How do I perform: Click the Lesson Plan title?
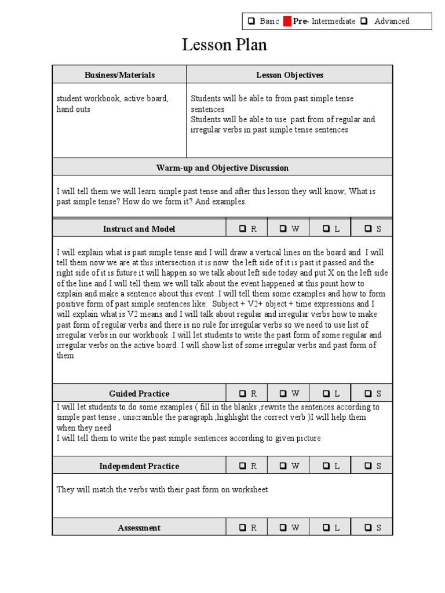pyautogui.click(x=224, y=45)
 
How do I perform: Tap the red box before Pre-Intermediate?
pyautogui.click(x=287, y=21)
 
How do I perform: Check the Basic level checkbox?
pyautogui.click(x=251, y=21)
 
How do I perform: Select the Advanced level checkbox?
pyautogui.click(x=364, y=21)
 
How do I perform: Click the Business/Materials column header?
pyautogui.click(x=119, y=75)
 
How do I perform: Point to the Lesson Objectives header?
pyautogui.click(x=290, y=75)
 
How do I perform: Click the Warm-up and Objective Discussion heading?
pyautogui.click(x=222, y=168)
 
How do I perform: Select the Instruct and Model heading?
pyautogui.click(x=139, y=229)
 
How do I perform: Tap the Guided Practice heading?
pyautogui.click(x=139, y=394)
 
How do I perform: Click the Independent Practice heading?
pyautogui.click(x=139, y=466)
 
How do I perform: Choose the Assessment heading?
pyautogui.click(x=139, y=528)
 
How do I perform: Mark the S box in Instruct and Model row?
pyautogui.click(x=368, y=229)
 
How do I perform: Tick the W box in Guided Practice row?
pyautogui.click(x=283, y=394)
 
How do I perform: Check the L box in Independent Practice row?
pyautogui.click(x=326, y=466)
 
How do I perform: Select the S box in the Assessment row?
pyautogui.click(x=368, y=528)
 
